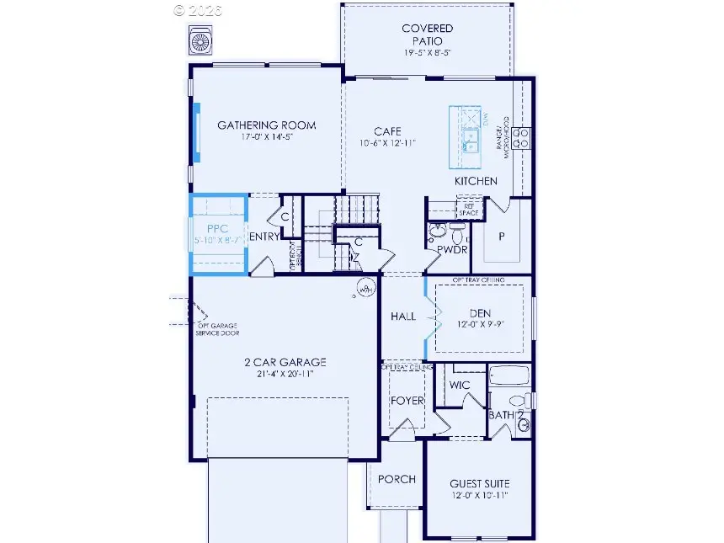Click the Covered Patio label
[427, 29]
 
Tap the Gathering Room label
[267, 126]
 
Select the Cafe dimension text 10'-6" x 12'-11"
[387, 143]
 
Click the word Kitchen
[476, 181]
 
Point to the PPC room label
[206, 227]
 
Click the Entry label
[264, 237]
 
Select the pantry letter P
[501, 237]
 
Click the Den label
[480, 313]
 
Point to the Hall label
[403, 317]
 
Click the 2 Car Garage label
[285, 363]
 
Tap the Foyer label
[407, 401]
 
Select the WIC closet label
[460, 385]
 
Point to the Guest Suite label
[479, 483]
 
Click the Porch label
[397, 479]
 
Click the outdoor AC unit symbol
[201, 40]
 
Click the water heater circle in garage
[365, 288]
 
